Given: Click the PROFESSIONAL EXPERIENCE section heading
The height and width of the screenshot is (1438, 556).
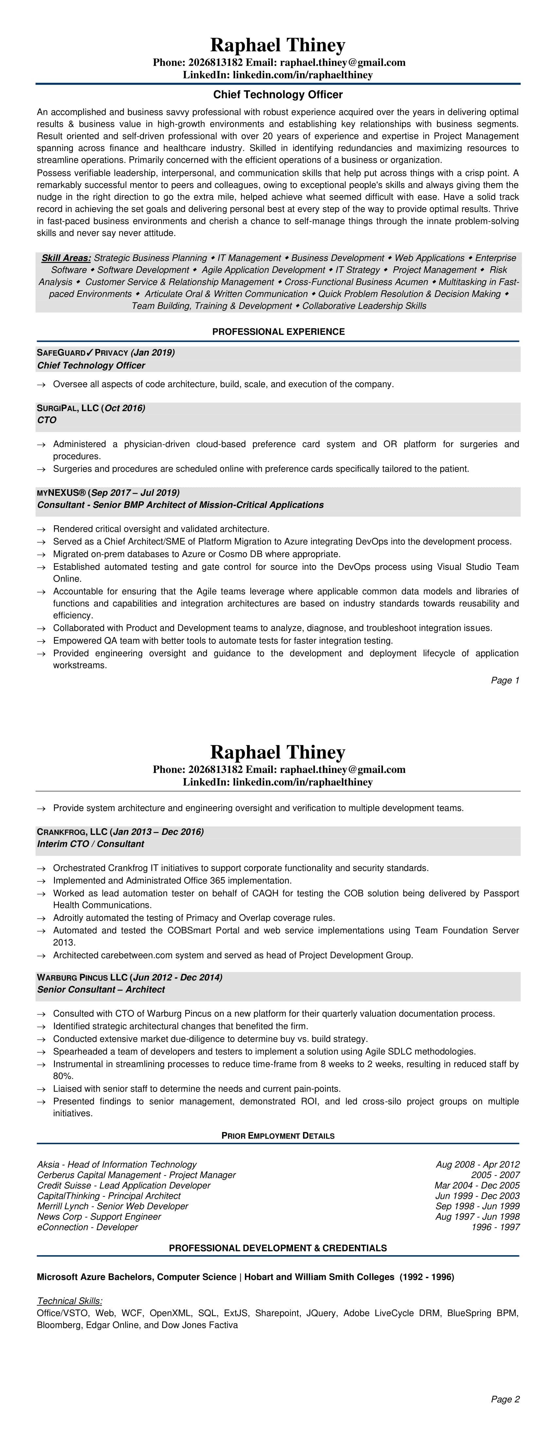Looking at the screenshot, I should (x=278, y=332).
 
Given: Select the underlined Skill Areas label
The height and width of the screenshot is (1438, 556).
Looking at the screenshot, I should (x=66, y=258).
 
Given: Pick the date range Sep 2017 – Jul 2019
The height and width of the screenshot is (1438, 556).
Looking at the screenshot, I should (x=135, y=493).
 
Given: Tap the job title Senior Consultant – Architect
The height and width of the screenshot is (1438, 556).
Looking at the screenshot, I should (x=101, y=989).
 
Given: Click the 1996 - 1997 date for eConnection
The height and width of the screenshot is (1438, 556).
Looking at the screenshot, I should (x=495, y=1227).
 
